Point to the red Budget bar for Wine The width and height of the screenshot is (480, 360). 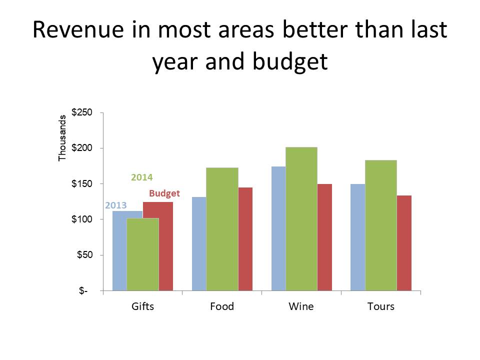coord(324,237)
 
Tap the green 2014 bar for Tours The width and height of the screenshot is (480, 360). coord(380,225)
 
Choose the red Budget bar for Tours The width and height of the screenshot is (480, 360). coord(404,242)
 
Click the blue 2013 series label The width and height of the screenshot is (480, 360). coord(115,205)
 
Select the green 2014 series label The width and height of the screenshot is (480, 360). coord(141,177)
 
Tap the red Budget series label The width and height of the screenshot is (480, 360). coord(164,193)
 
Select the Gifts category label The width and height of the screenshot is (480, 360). coord(142,306)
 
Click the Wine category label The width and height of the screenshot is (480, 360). coord(301,306)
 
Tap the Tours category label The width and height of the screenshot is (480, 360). coord(380,306)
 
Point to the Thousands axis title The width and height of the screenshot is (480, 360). coord(62,138)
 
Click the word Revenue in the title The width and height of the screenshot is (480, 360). coord(80,31)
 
